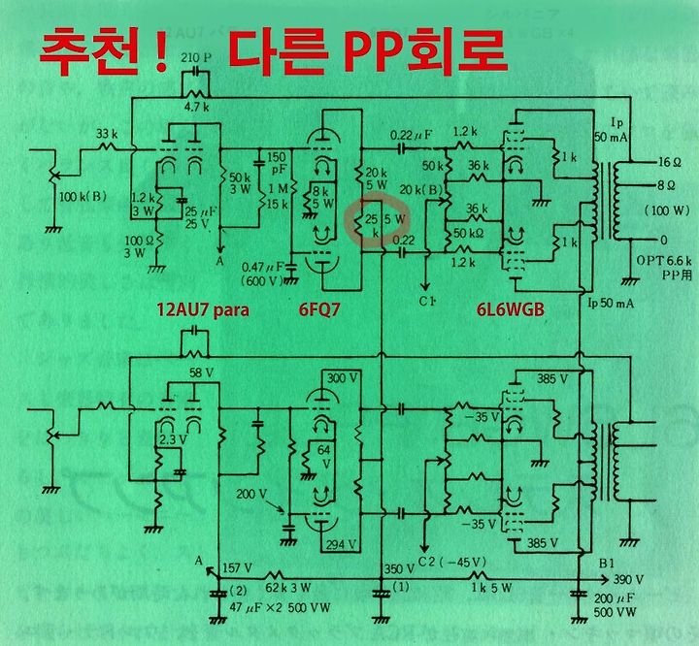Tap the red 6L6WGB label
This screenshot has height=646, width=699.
511,312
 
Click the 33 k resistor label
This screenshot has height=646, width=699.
107,133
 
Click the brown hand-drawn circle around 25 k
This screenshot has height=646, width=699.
377,224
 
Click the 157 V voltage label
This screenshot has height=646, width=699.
238,566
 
